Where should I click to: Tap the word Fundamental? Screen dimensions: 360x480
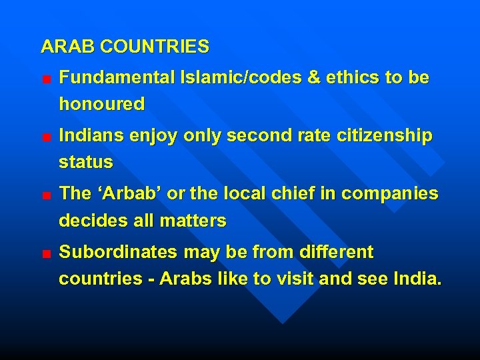[x=117, y=78]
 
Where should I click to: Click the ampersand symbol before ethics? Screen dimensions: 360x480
[x=314, y=78]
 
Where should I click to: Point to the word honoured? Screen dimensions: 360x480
[x=101, y=104]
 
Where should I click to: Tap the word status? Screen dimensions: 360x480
[x=86, y=162]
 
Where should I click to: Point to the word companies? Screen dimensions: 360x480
[x=390, y=194]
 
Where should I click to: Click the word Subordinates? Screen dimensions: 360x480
[x=113, y=253]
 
